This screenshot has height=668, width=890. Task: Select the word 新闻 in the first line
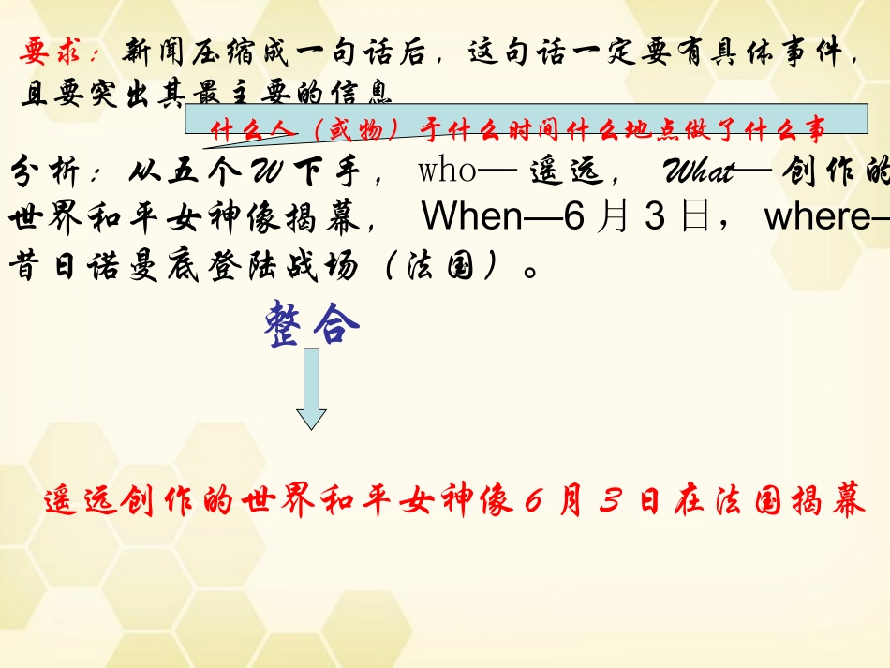pyautogui.click(x=154, y=54)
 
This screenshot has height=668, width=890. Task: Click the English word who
pyautogui.click(x=446, y=172)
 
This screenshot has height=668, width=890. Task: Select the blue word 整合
pyautogui.click(x=312, y=325)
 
